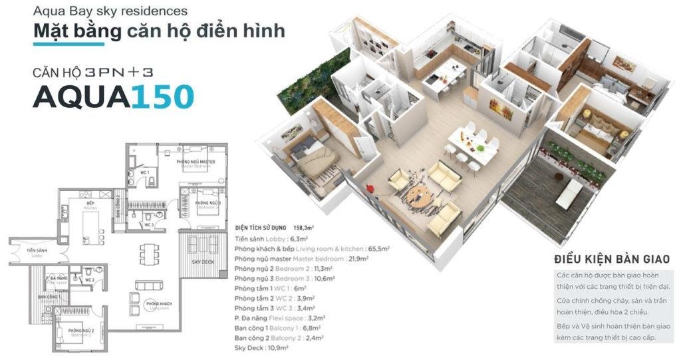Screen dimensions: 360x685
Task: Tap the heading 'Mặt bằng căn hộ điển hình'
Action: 159,31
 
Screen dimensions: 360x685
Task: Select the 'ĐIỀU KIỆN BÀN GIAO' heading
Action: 611,258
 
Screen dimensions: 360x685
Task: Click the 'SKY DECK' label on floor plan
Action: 201,262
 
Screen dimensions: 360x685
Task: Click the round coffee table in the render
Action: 419,194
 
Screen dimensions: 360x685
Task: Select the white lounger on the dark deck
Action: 569,194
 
